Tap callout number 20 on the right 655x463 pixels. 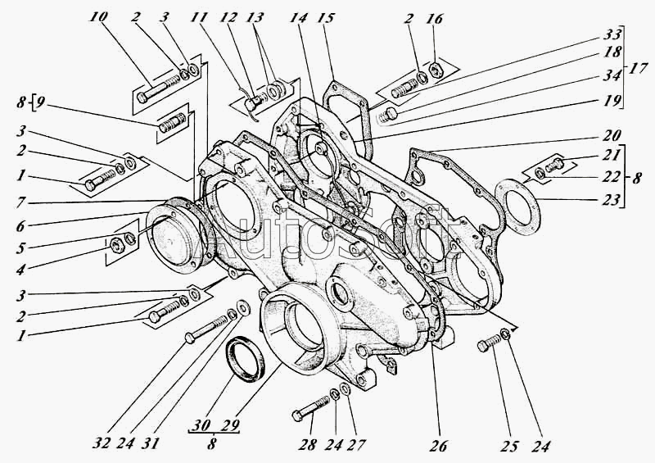pyautogui.click(x=610, y=134)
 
